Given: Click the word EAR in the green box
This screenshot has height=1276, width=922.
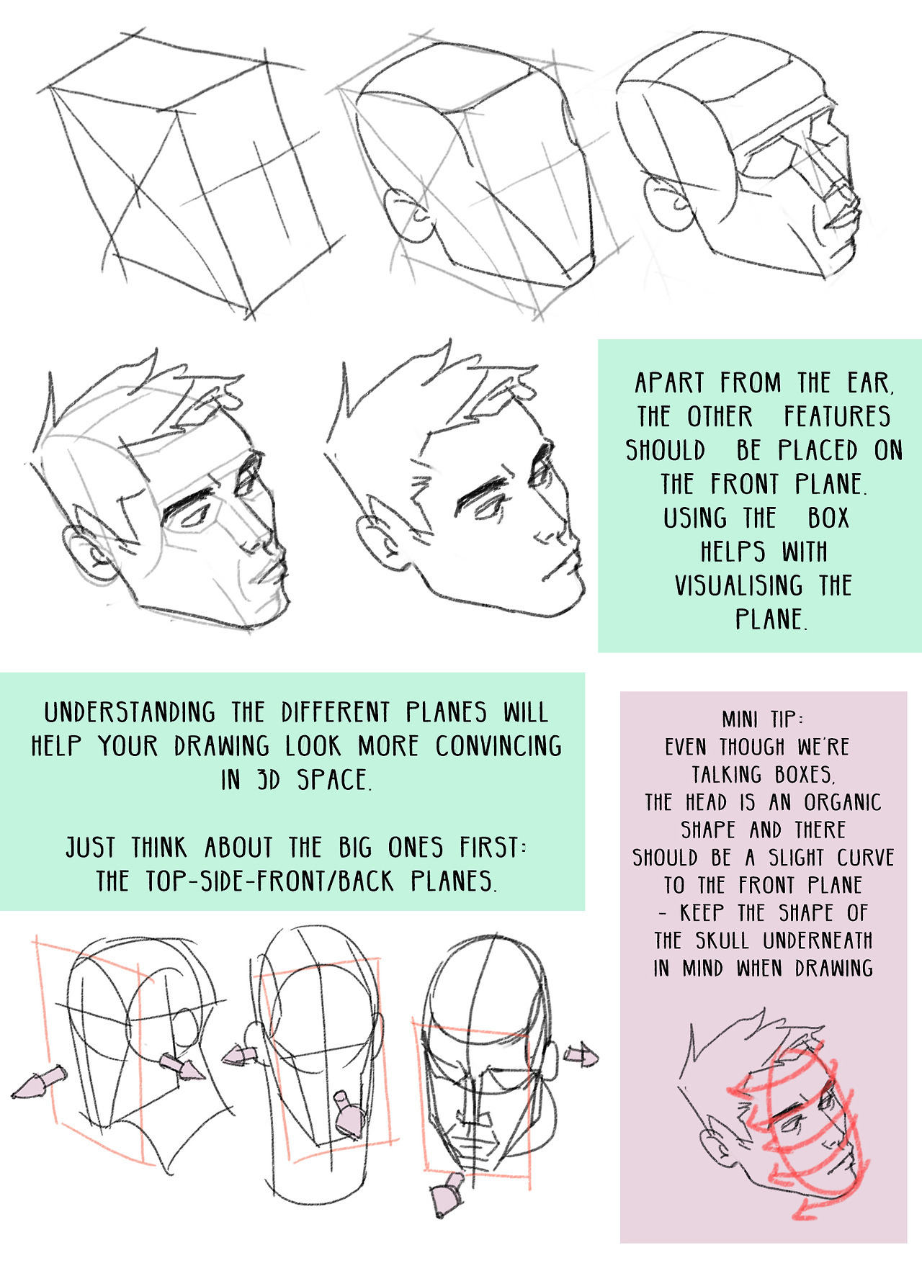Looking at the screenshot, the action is tap(870, 383).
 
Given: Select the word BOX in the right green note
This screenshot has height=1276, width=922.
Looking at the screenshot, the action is tap(828, 518).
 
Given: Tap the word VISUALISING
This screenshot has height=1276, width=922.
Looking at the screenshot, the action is tap(738, 585).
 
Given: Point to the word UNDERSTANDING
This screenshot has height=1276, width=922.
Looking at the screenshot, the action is tap(130, 712).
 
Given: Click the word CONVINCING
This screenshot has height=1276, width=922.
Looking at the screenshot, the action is tap(498, 746).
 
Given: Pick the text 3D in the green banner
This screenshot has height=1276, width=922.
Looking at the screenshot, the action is tap(268, 780).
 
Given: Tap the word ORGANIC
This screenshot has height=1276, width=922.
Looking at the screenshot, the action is tap(842, 802).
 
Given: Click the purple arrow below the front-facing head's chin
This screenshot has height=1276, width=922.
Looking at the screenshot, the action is tap(447, 1195).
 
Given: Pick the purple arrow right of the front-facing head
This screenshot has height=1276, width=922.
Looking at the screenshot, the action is tap(581, 1056).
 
